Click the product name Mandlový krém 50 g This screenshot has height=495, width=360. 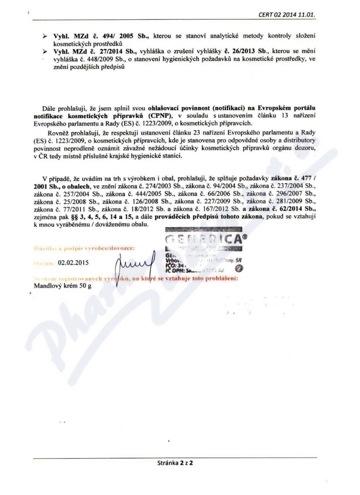[x=63, y=285]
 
